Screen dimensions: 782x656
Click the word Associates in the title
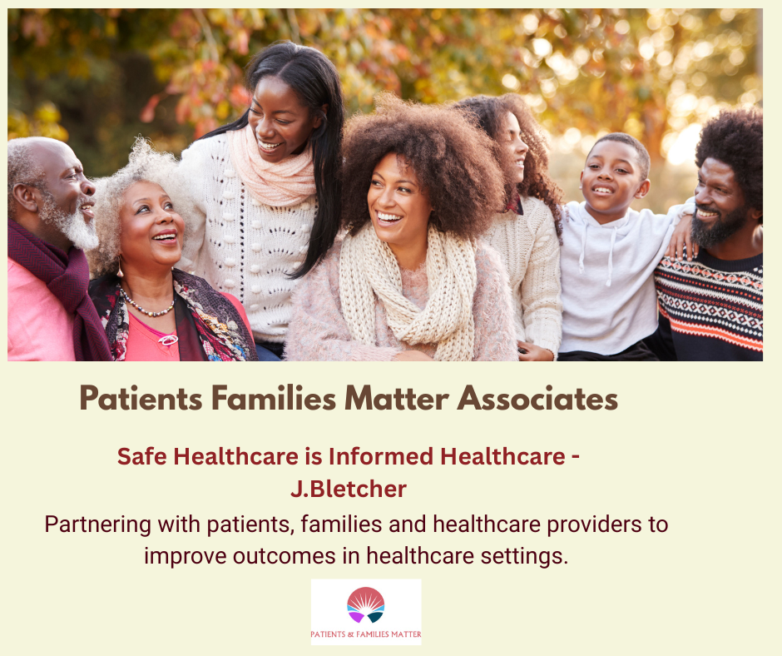tap(537, 399)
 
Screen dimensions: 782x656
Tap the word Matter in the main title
tap(397, 399)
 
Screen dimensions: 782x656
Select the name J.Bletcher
tap(348, 489)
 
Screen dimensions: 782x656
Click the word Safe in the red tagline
tap(142, 456)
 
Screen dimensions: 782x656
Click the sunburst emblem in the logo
tap(365, 605)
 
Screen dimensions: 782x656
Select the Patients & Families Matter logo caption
tap(365, 634)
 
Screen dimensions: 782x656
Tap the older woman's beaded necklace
tap(146, 305)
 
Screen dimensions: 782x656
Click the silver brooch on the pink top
tap(168, 340)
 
